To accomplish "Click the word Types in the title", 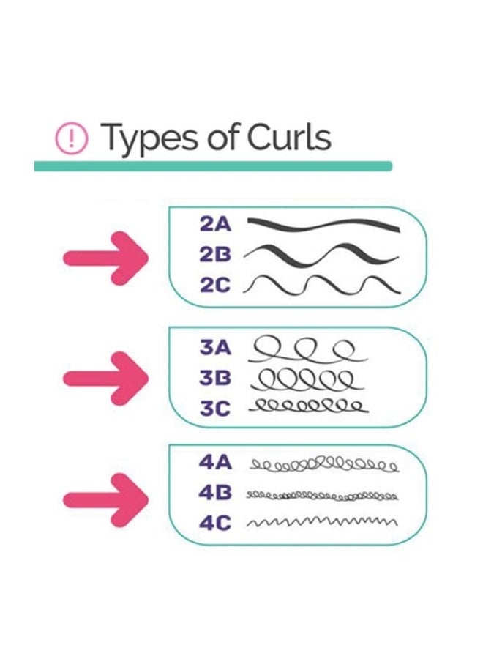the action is (149, 138).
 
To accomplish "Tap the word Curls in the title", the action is (288, 137).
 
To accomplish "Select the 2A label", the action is (215, 224).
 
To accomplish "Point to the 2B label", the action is (215, 254).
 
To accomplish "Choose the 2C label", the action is (215, 285).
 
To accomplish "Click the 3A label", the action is (215, 348).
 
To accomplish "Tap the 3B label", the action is (215, 378).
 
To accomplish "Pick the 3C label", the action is (215, 408).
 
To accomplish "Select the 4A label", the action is (215, 462).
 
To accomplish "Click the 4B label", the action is (215, 493).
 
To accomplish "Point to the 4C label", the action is (215, 523).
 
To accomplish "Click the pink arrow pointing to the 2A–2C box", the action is (105, 258).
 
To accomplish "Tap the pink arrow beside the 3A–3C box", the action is (105, 379).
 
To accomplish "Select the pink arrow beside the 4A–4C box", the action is (105, 499).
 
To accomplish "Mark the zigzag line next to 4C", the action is (322, 522).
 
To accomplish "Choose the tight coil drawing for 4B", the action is (322, 496).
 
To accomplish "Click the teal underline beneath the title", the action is (214, 166).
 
